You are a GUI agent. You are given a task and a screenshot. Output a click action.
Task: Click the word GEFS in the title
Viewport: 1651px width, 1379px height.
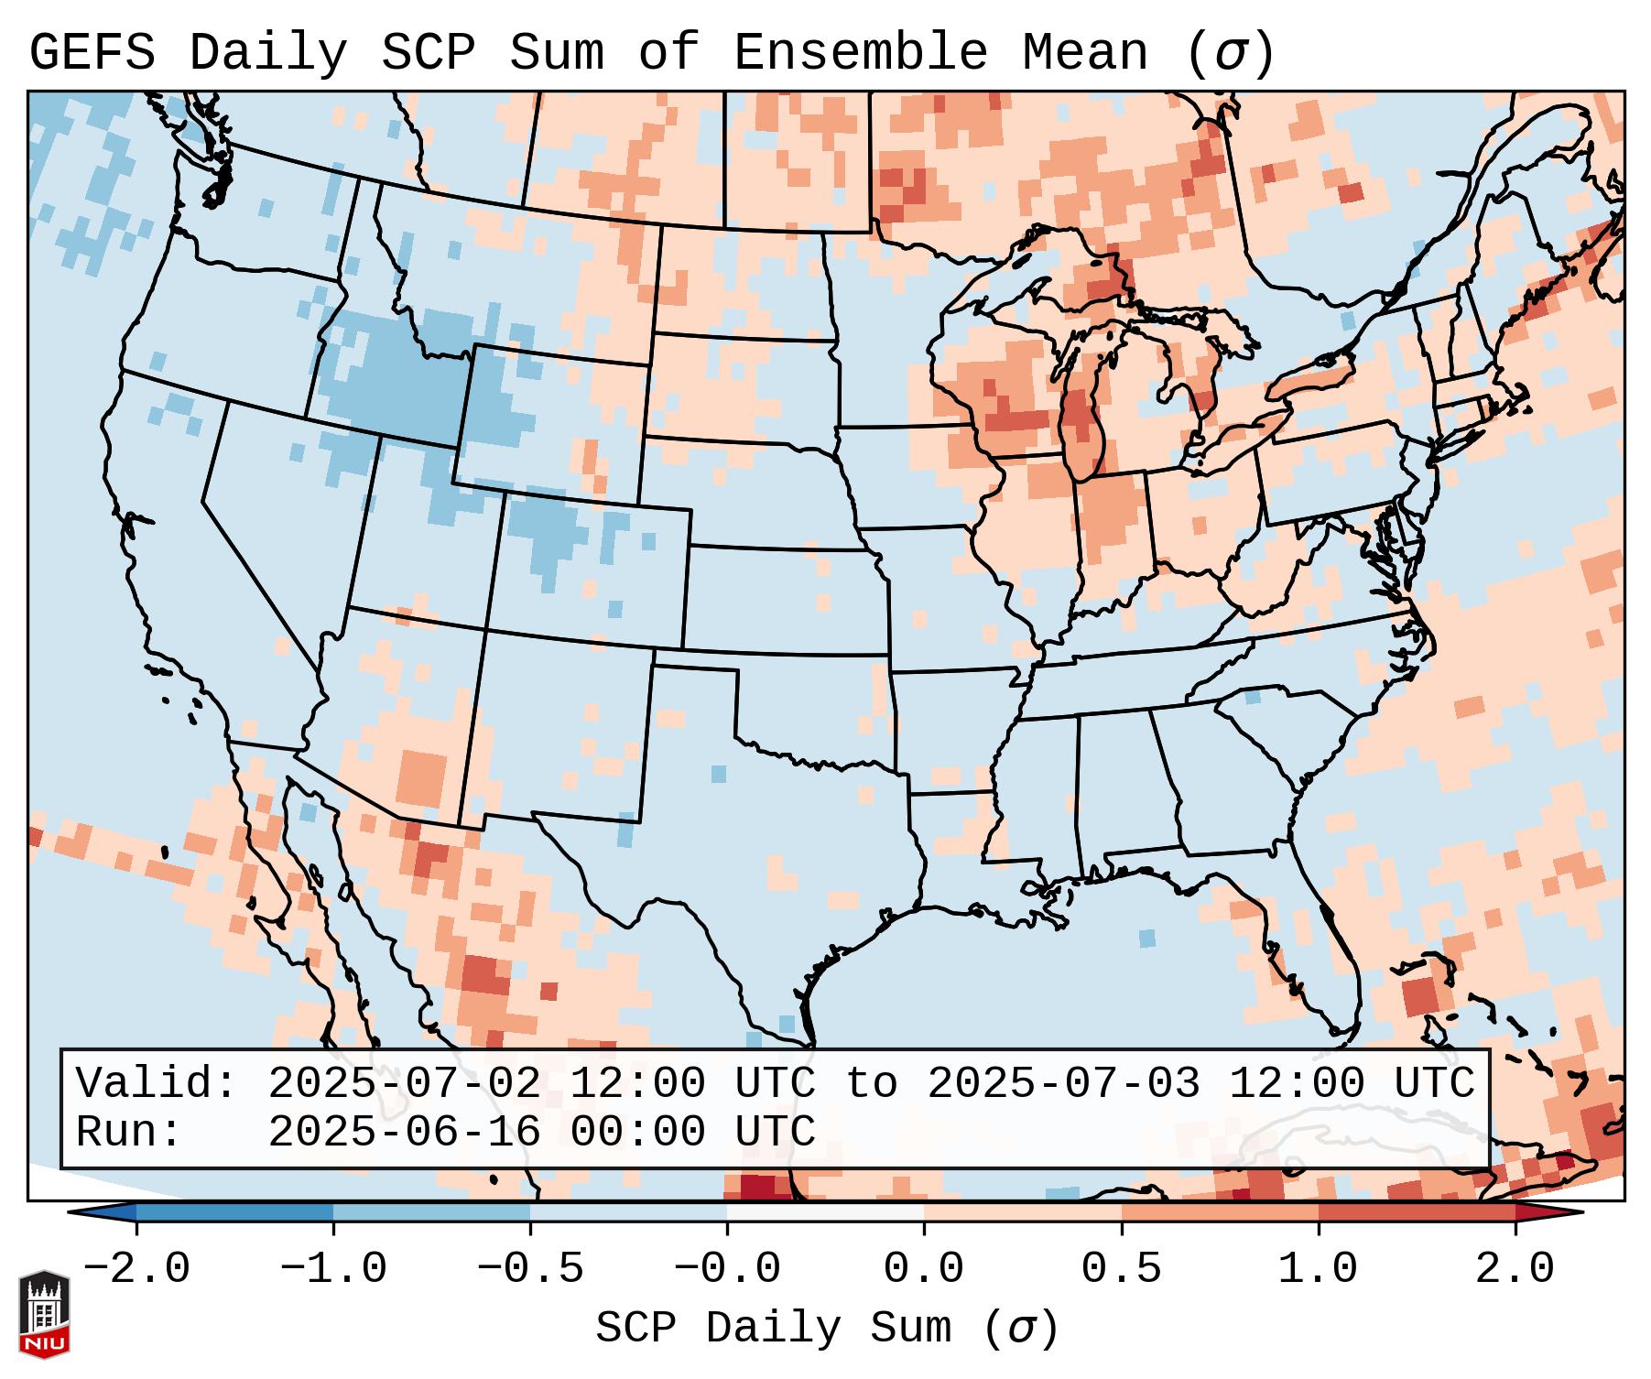92,53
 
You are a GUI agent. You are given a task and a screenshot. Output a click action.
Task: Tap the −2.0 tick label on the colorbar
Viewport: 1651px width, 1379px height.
136,1269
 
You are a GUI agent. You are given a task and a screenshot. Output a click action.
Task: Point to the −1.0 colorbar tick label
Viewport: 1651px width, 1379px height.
333,1269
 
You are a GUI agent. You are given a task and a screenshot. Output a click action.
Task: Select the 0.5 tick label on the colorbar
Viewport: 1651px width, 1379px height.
1121,1269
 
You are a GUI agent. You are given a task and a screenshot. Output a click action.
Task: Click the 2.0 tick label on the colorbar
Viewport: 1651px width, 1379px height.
1515,1269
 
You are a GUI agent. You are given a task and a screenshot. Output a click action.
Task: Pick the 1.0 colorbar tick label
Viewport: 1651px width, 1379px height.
1318,1269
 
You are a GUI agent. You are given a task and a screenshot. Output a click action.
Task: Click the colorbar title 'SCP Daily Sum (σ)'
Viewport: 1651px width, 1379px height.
827,1328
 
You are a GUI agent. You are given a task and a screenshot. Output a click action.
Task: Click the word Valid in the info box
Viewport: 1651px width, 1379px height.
156,1083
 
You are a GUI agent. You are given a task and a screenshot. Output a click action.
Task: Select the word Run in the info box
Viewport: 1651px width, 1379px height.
128,1132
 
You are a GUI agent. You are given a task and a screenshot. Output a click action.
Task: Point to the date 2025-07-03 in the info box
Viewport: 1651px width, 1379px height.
1063,1083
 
